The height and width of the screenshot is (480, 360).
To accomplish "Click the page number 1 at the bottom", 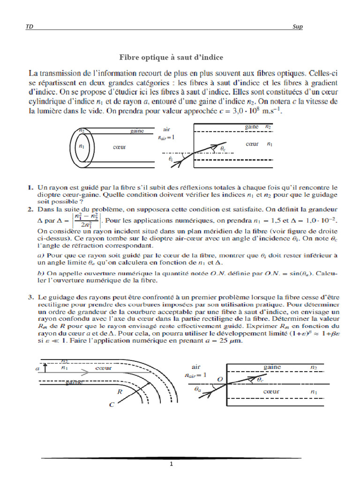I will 172,465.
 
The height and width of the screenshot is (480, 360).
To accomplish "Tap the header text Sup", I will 297,27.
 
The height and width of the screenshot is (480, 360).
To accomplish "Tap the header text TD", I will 29,27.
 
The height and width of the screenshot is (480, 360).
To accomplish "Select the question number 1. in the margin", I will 30,187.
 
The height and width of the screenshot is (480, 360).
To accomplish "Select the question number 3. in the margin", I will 30,297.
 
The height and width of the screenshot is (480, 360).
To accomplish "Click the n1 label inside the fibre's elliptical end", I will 82,146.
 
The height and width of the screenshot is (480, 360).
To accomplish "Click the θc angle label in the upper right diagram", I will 223,149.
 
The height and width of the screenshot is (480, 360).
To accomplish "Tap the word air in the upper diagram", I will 167,129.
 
